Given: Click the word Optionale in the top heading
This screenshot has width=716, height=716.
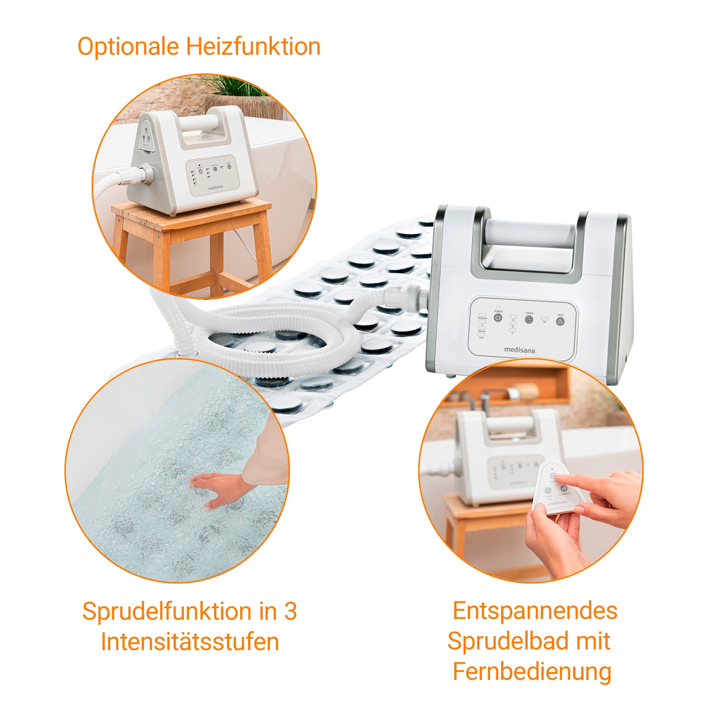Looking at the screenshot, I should click(x=128, y=47).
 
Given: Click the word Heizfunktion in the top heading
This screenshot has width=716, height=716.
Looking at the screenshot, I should click(x=253, y=47).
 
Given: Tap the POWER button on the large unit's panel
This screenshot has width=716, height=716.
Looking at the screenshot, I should click(x=498, y=318).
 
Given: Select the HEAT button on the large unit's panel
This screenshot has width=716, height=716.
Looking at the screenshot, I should click(x=560, y=321).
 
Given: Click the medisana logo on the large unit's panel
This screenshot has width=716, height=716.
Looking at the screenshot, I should click(x=520, y=349).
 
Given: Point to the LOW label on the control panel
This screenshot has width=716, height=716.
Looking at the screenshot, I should click(x=481, y=338).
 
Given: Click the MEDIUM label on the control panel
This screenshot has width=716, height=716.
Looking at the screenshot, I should click(x=482, y=331).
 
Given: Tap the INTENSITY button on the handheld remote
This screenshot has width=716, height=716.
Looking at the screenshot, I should click(x=564, y=488).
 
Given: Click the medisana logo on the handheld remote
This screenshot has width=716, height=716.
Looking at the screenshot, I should click(x=558, y=503).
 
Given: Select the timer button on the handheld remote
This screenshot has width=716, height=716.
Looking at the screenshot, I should click(x=548, y=491).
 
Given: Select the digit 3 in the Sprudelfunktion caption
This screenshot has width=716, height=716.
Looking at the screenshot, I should click(x=291, y=611).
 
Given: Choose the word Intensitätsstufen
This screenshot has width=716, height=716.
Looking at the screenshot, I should click(x=190, y=642).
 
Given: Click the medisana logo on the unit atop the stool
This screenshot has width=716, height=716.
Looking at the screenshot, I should click(x=216, y=188).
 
